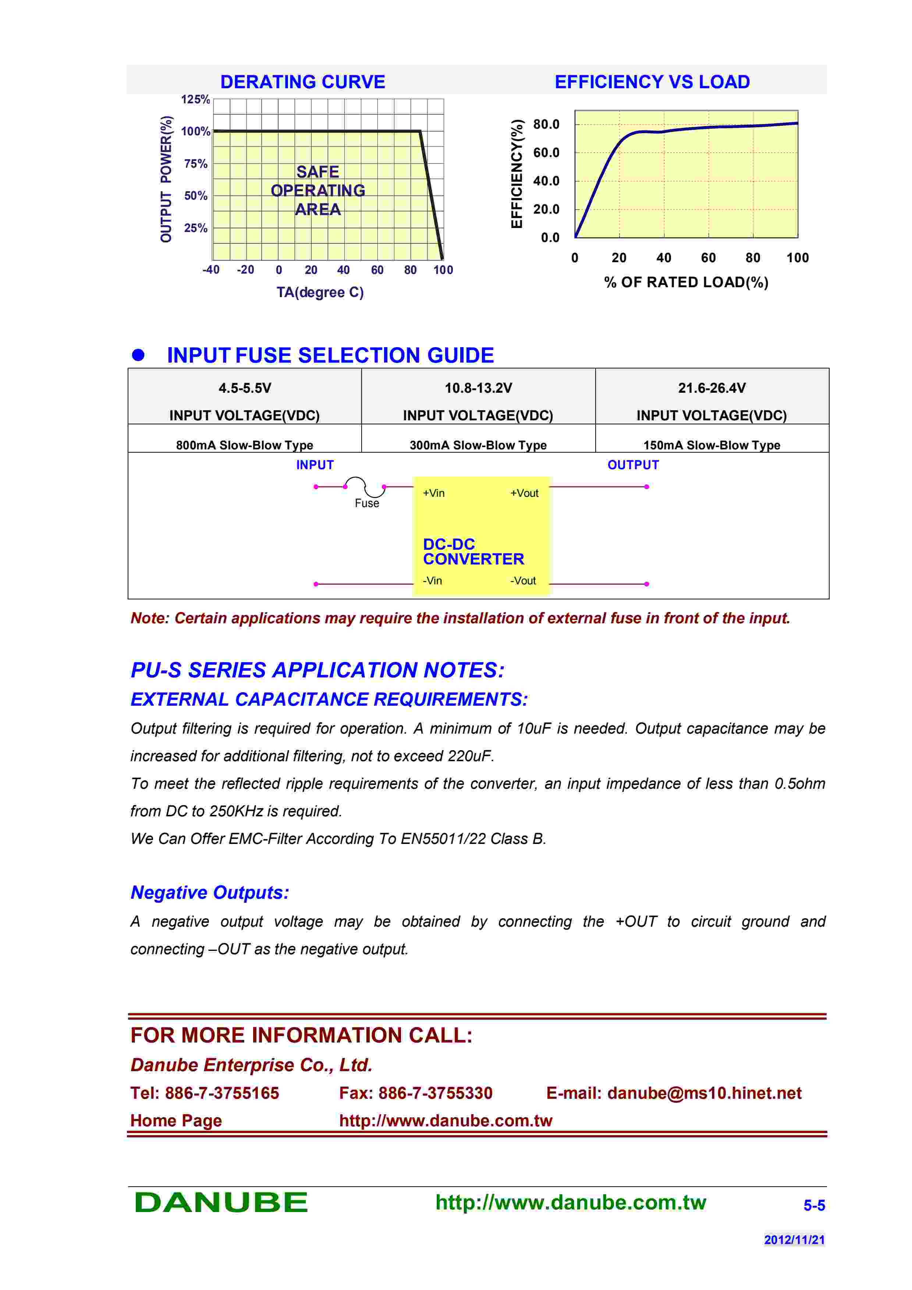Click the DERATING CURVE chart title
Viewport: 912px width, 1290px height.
click(302, 82)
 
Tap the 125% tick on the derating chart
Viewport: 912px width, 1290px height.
click(195, 99)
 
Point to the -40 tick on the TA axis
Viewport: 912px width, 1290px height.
click(211, 270)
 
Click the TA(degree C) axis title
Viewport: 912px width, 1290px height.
click(320, 292)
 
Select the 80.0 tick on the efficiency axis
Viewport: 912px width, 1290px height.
click(546, 124)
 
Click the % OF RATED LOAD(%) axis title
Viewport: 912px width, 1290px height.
click(686, 282)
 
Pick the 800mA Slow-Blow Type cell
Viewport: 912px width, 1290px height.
click(244, 445)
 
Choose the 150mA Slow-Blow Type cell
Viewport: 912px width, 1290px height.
click(711, 445)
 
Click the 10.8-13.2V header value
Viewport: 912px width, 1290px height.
click(478, 388)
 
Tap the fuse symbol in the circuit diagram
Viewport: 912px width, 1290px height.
click(365, 487)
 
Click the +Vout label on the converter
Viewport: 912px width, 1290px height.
click(524, 493)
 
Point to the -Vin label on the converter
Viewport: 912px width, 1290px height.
click(432, 580)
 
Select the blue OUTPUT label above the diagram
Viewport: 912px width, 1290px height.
click(633, 465)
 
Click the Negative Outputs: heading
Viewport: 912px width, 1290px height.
click(210, 892)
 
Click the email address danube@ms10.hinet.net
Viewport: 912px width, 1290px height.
click(704, 1093)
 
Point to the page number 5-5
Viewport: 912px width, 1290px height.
click(814, 1205)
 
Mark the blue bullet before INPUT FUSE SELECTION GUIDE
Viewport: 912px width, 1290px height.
click(138, 355)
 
